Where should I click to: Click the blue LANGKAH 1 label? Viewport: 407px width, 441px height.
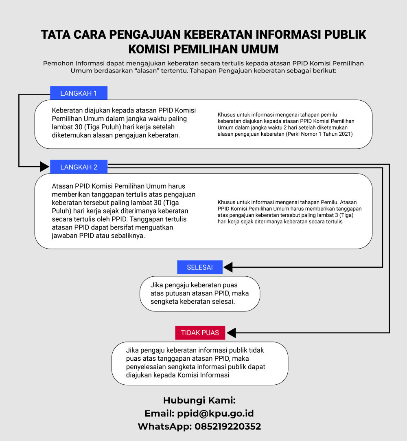tap(79, 93)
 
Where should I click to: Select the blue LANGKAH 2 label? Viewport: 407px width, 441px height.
tap(79, 167)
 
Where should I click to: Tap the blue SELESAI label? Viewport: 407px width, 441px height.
tap(200, 267)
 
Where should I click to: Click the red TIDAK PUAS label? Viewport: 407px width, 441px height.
tap(200, 333)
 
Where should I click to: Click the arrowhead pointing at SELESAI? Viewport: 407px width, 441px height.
tap(228, 267)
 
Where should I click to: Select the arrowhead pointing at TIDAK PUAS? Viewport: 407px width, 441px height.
tap(231, 333)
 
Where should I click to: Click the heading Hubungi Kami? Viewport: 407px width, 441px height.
tap(199, 400)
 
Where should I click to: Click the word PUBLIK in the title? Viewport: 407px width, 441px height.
tap(345, 35)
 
